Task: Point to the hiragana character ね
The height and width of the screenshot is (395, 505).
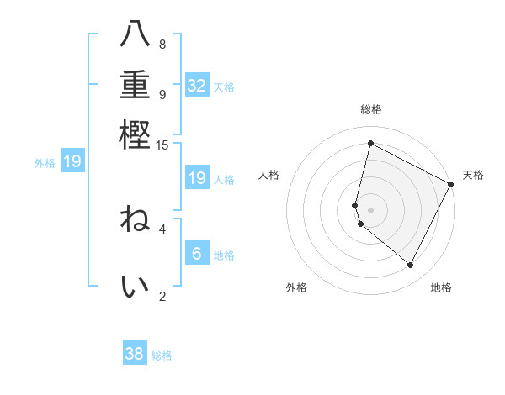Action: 135,221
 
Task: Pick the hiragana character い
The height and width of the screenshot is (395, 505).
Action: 135,287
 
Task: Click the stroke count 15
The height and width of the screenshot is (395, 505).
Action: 162,145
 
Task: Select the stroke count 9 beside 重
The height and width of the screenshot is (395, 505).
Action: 162,94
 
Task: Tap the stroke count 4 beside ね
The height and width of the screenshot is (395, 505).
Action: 162,228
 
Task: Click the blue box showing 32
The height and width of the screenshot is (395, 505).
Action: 197,85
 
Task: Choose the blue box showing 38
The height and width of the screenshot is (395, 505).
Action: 135,354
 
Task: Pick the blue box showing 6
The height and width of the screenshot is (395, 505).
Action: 197,253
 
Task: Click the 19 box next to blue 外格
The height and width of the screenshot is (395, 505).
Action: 72,161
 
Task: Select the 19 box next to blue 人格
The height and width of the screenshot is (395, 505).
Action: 197,177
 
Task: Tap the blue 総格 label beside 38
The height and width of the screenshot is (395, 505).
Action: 162,355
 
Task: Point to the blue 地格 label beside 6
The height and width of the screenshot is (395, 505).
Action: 224,255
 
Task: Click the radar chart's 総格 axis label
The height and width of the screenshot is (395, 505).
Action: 370,109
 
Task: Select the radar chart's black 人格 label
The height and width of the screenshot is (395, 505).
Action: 269,175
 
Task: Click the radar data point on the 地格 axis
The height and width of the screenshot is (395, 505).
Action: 410,266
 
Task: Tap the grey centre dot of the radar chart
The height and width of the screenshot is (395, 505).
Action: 370,209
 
